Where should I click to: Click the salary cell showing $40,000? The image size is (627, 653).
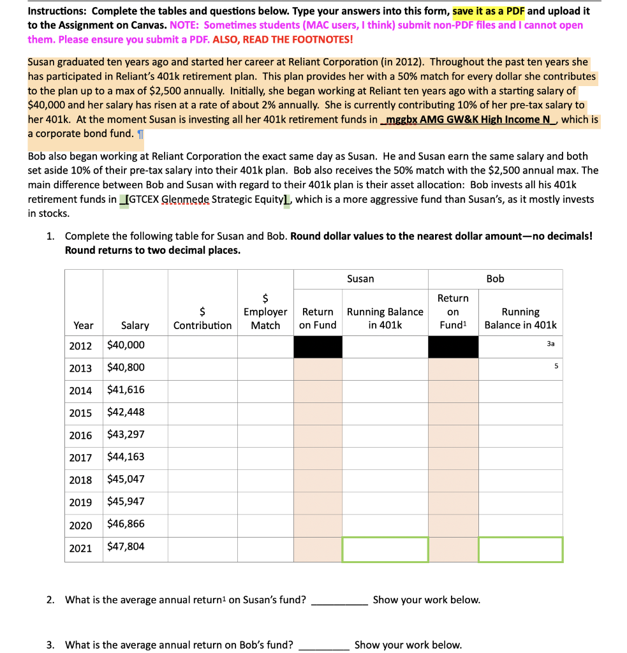click(126, 345)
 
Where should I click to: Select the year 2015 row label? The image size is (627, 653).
click(80, 413)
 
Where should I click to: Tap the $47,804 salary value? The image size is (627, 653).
click(126, 547)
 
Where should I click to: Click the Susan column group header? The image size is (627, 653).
click(360, 279)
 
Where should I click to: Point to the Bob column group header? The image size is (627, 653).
click(495, 279)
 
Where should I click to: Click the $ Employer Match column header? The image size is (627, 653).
click(265, 311)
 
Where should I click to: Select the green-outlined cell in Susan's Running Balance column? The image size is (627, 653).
click(385, 550)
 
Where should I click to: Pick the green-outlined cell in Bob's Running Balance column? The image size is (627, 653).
click(520, 550)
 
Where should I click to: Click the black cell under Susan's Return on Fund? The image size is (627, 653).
click(318, 346)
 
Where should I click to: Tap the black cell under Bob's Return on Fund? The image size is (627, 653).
click(453, 346)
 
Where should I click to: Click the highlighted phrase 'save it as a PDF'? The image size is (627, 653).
click(489, 11)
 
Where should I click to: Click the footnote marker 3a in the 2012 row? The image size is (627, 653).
click(551, 343)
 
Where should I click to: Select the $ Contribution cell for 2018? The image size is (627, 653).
click(202, 480)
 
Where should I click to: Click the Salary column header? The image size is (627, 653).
click(135, 325)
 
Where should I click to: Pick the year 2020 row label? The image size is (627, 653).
click(80, 525)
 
